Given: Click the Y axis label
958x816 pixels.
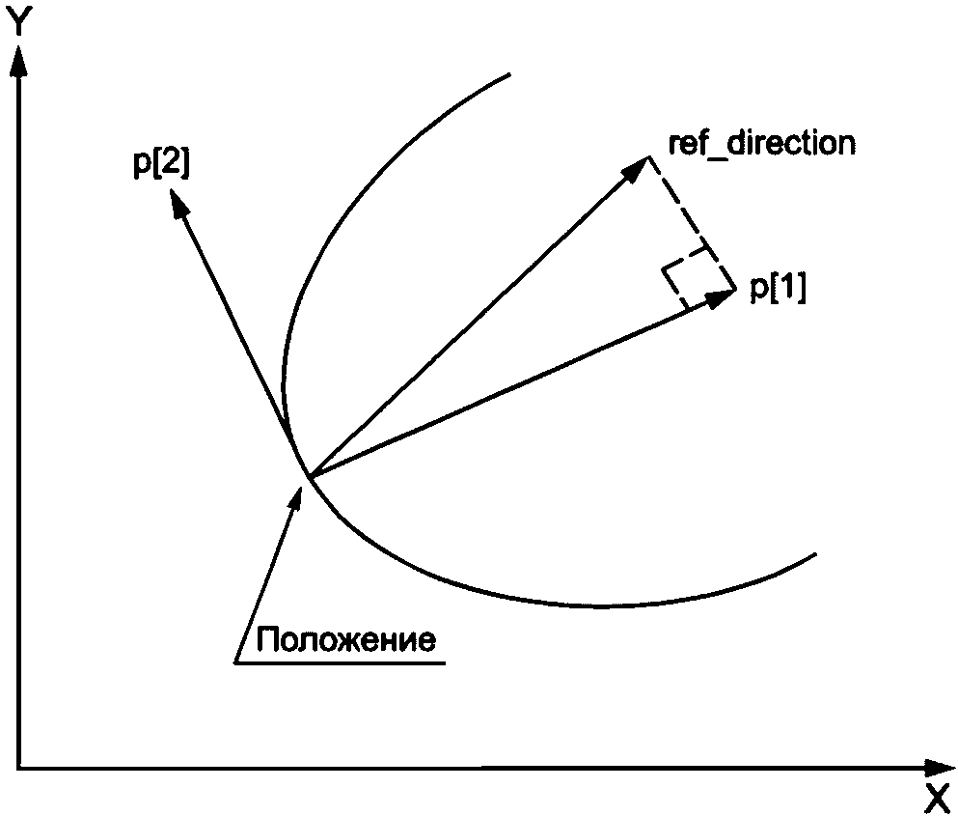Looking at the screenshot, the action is point(16,21).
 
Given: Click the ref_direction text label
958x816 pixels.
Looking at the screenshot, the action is point(761,144).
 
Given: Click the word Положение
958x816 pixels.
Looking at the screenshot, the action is point(345,639).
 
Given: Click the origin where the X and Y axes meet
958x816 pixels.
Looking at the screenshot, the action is point(17,769).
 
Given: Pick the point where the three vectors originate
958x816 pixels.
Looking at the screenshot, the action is point(308,476).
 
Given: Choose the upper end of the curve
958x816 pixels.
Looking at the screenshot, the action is point(507,75).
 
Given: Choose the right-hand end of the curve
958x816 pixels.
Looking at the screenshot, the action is point(815,555).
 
